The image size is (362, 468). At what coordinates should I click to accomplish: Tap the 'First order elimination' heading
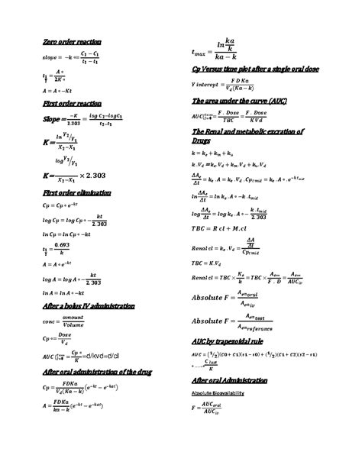(73, 193)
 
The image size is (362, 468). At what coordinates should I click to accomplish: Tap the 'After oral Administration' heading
(229, 379)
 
